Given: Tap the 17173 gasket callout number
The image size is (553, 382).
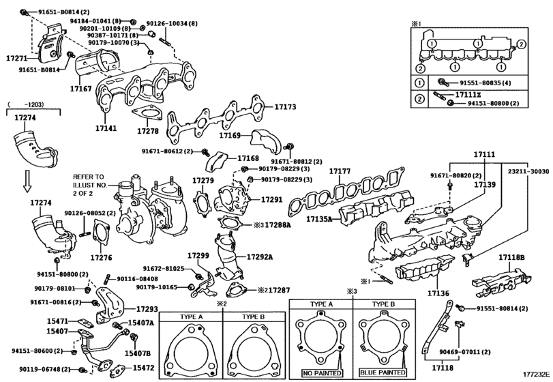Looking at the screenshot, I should coord(285,107).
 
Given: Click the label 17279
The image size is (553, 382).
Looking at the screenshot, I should coord(203,181).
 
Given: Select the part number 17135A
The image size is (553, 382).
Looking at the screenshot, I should coord(319,220).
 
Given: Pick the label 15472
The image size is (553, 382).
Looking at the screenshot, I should coord(144,367).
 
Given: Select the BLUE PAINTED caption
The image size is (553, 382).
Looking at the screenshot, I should coord(383,372).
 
